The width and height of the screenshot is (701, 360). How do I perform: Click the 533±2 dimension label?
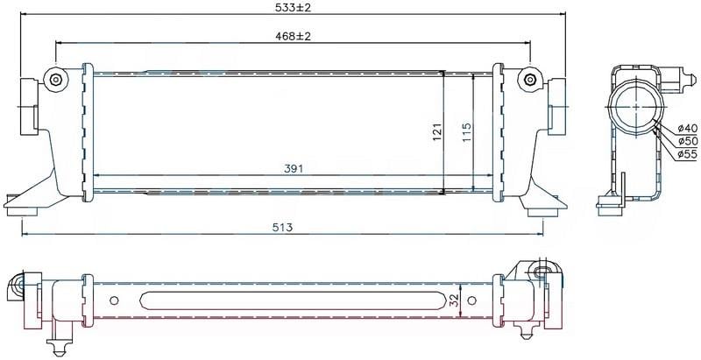pyautogui.click(x=294, y=7)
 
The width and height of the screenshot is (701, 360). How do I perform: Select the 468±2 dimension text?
pyautogui.click(x=294, y=36)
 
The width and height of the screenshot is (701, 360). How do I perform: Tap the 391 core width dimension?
pyautogui.click(x=294, y=169)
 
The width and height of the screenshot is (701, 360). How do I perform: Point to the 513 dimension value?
pyautogui.click(x=282, y=228)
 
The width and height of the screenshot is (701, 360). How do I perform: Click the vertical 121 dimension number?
pyautogui.click(x=437, y=131)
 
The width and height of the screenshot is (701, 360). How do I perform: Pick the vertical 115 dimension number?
pyautogui.click(x=467, y=131)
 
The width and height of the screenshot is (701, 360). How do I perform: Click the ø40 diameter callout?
pyautogui.click(x=687, y=129)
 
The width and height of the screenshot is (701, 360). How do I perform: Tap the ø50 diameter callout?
pyautogui.click(x=687, y=142)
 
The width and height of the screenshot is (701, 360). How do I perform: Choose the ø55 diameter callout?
pyautogui.click(x=687, y=154)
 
